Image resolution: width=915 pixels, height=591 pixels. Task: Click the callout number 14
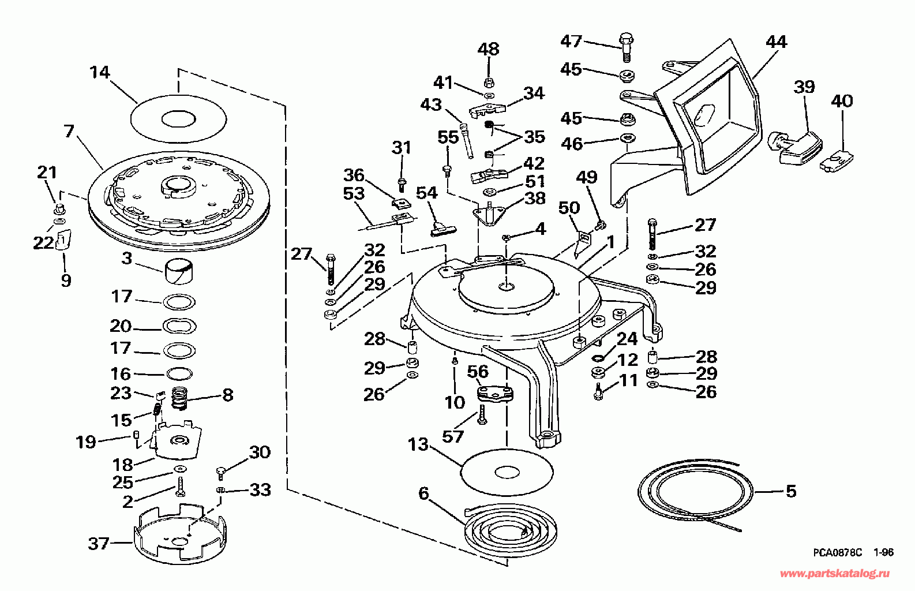point(100,72)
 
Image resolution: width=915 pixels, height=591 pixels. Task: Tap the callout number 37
point(99,544)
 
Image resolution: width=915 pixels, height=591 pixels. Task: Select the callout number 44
point(776,42)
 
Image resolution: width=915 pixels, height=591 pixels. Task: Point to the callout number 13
point(418,444)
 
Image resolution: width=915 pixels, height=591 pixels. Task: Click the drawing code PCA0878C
point(837,552)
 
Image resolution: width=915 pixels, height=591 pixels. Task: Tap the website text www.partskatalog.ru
point(835,574)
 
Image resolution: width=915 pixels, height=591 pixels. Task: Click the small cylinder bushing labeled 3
point(179,271)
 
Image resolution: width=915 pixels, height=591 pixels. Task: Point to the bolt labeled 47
point(626,47)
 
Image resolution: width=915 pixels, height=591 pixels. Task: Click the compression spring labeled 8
point(179,398)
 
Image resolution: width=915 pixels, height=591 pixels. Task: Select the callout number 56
point(478,372)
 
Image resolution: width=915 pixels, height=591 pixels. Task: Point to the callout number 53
point(354,193)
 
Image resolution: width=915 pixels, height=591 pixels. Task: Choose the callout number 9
point(66,280)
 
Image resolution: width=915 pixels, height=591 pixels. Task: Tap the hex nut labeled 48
point(489,82)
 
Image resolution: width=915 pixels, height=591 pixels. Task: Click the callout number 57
point(453,437)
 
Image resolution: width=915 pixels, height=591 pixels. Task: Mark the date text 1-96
point(883,552)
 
